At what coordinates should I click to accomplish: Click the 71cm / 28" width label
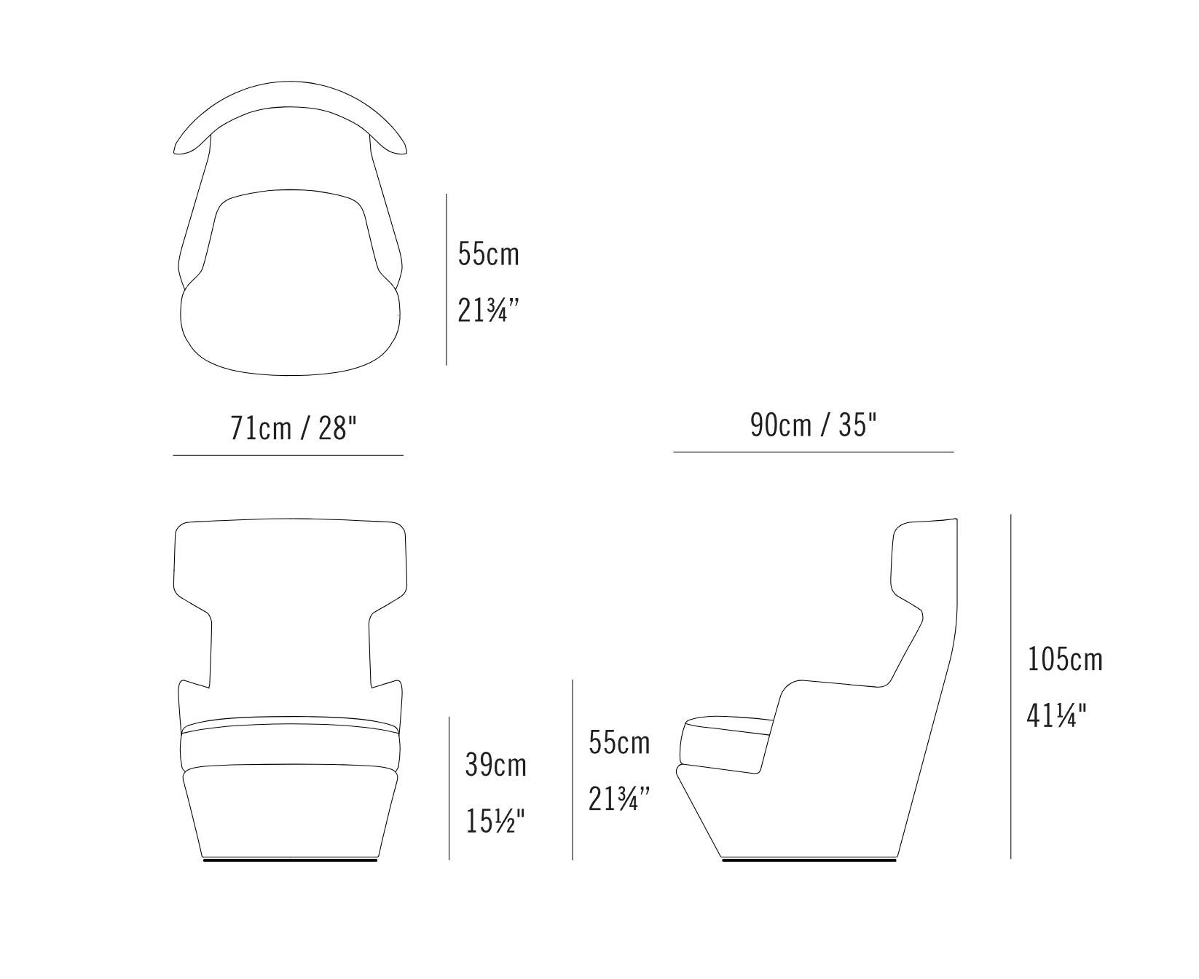294,429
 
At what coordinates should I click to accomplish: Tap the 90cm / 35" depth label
814,424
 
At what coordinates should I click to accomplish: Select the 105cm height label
1065,660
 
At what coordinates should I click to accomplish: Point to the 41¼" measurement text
1056,716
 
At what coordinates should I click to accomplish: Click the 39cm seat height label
495,765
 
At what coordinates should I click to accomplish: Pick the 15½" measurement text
495,822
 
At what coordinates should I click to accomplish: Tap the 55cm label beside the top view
489,253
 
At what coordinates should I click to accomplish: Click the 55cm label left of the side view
619,743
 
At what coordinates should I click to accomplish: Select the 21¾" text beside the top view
487,310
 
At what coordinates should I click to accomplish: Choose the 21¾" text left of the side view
618,800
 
